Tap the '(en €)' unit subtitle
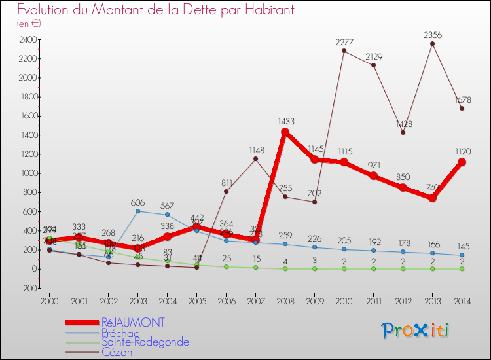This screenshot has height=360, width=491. [x=29, y=24]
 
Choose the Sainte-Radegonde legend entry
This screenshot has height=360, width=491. [x=145, y=342]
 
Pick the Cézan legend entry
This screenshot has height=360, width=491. [x=117, y=351]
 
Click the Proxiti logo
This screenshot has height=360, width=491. [x=416, y=331]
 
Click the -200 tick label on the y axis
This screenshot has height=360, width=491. [x=27, y=288]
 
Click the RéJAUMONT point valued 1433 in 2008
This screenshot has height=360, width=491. [x=285, y=132]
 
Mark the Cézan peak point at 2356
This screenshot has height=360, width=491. [x=432, y=44]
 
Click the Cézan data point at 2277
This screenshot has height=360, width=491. [x=344, y=51]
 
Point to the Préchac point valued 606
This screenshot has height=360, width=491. [x=137, y=211]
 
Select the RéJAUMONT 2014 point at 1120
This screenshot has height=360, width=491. [x=462, y=162]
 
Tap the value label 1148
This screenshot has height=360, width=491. [x=257, y=151]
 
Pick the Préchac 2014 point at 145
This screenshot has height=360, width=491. [x=462, y=255]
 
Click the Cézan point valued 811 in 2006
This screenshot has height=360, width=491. [x=226, y=191]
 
